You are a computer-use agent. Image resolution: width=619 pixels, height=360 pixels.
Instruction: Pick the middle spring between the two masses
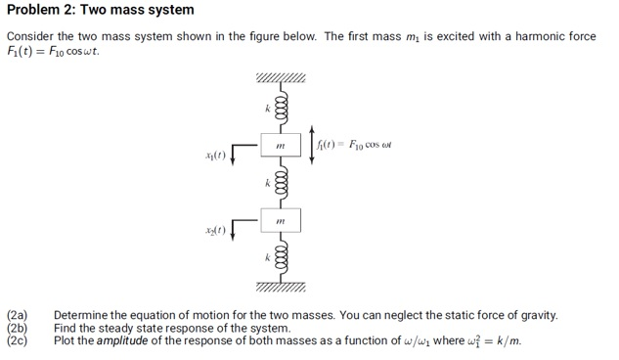pos(282,184)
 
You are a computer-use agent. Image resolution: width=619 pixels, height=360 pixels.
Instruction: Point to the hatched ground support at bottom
pos(282,287)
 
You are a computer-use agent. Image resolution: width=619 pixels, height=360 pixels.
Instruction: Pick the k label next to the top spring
pos(266,108)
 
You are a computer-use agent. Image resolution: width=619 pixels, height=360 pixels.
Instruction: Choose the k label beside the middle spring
pos(266,183)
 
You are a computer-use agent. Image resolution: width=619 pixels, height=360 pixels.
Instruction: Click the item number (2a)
pos(19,315)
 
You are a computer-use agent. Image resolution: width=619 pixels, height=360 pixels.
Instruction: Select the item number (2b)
pos(19,328)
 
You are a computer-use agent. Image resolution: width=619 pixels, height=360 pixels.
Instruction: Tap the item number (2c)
pos(19,340)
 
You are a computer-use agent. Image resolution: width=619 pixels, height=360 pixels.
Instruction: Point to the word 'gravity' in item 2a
pos(537,315)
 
